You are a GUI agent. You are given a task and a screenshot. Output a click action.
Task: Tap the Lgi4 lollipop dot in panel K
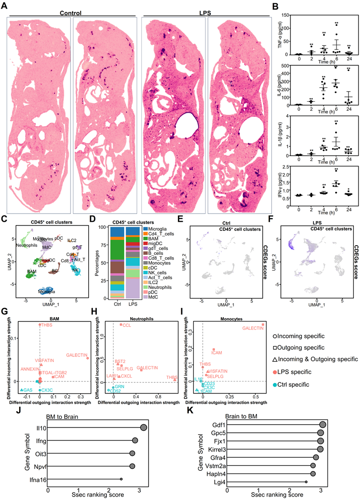[x=306, y=482]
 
